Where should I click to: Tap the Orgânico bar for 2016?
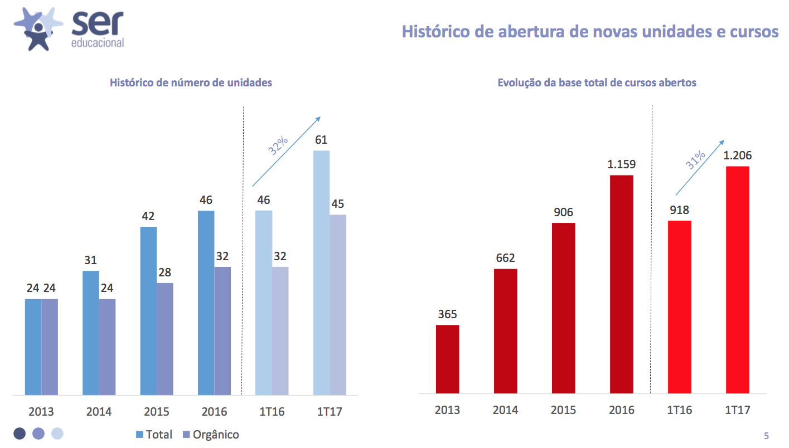(x=222, y=331)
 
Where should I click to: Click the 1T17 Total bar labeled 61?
(x=321, y=272)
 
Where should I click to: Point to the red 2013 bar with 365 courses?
(x=447, y=359)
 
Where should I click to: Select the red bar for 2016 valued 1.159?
(x=621, y=285)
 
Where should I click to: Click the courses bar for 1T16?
(x=679, y=307)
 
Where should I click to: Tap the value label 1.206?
(x=738, y=155)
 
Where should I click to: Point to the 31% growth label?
(x=695, y=160)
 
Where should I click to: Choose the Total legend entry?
(x=154, y=435)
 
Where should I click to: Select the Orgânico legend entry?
(x=211, y=435)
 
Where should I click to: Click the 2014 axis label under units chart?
(x=99, y=412)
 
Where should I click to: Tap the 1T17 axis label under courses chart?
(x=737, y=410)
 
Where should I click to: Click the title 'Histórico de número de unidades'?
(x=191, y=83)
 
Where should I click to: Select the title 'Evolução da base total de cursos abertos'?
(x=597, y=83)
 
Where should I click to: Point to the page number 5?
(x=766, y=436)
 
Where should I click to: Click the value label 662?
(x=505, y=258)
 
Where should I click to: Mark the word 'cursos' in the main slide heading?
(x=754, y=32)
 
